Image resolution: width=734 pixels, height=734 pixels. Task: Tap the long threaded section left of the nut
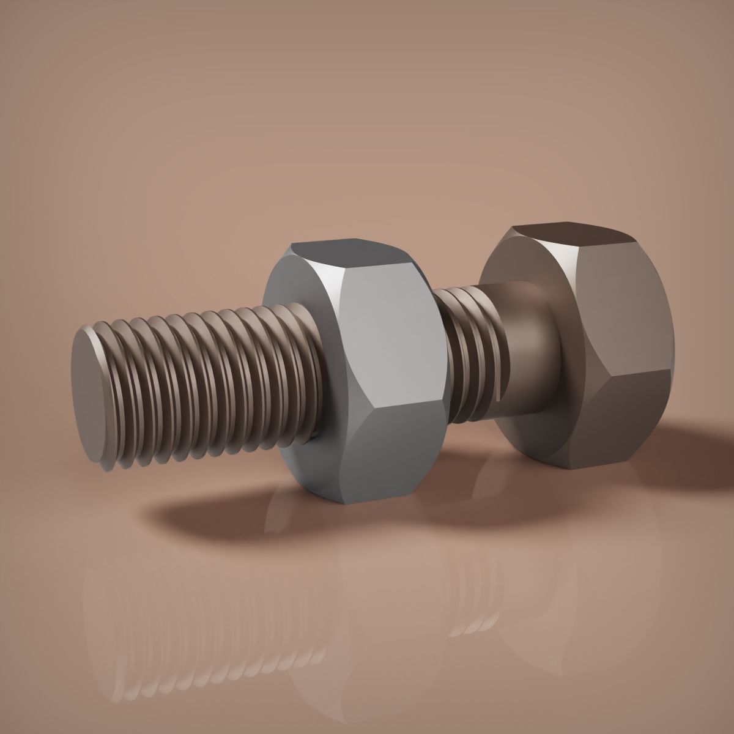click(x=202, y=379)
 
